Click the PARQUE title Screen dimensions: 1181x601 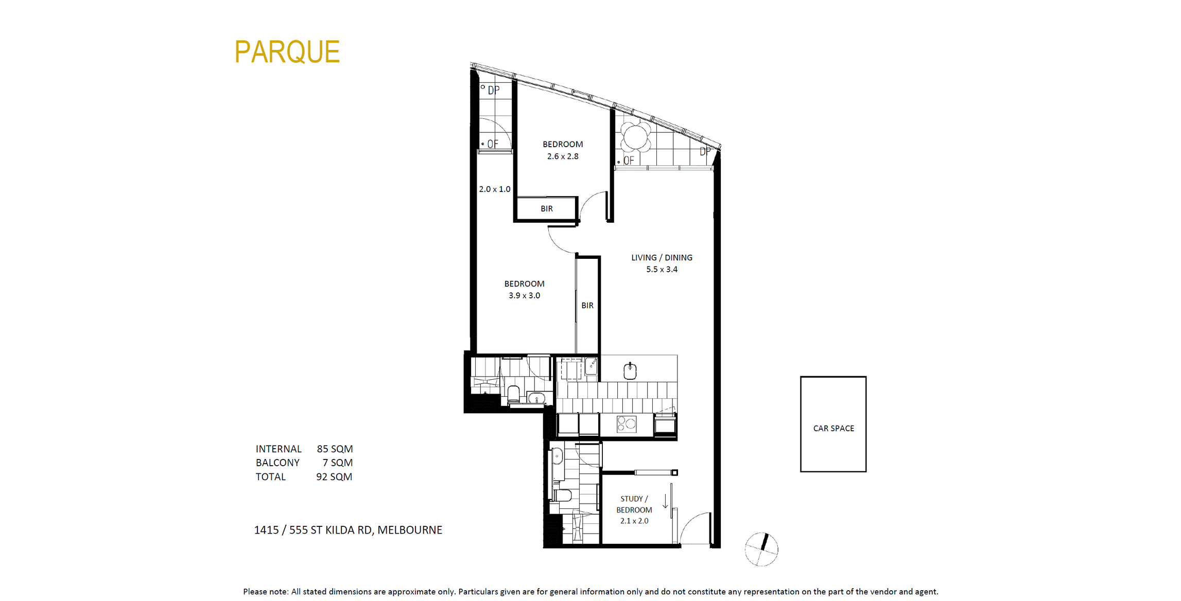[287, 52]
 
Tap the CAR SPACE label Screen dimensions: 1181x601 [833, 428]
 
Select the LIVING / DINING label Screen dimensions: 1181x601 [662, 257]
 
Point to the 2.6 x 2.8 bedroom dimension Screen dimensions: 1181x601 [563, 156]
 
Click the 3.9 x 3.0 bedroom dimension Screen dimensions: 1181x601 [524, 295]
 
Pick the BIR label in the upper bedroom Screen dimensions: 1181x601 [547, 208]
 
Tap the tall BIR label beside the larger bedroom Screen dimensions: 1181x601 [587, 305]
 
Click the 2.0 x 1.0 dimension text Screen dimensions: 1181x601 [495, 189]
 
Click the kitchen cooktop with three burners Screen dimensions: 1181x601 [627, 424]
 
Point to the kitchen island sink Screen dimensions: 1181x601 [630, 370]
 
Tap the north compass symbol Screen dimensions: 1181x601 [761, 550]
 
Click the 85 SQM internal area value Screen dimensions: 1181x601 [335, 449]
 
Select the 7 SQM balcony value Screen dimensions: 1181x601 [338, 463]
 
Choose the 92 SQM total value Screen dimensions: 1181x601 [334, 476]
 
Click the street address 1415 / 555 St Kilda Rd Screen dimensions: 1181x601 [348, 530]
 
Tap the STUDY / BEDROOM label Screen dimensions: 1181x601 [634, 504]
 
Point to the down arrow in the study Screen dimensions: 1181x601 [665, 501]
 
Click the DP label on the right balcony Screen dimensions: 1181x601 [705, 151]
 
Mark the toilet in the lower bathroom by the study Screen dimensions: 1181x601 [562, 496]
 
